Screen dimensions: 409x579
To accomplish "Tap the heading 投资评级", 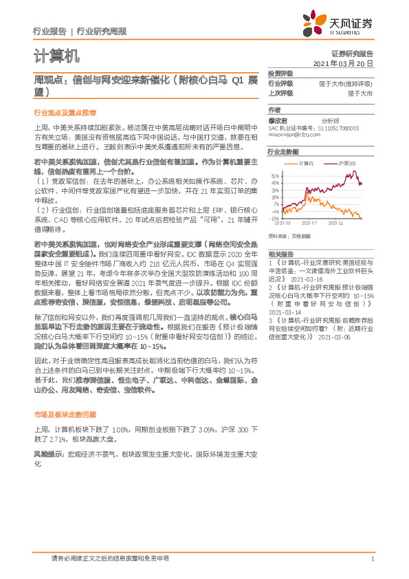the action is (x=280, y=73).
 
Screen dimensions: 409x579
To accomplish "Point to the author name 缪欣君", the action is (x=278, y=120).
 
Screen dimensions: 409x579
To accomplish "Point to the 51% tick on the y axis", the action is (x=275, y=176).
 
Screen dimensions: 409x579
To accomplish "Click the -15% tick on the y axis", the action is (x=274, y=218).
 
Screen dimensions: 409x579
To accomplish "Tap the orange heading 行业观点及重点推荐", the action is (x=65, y=111).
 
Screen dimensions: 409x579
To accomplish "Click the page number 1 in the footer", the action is (x=372, y=558).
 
